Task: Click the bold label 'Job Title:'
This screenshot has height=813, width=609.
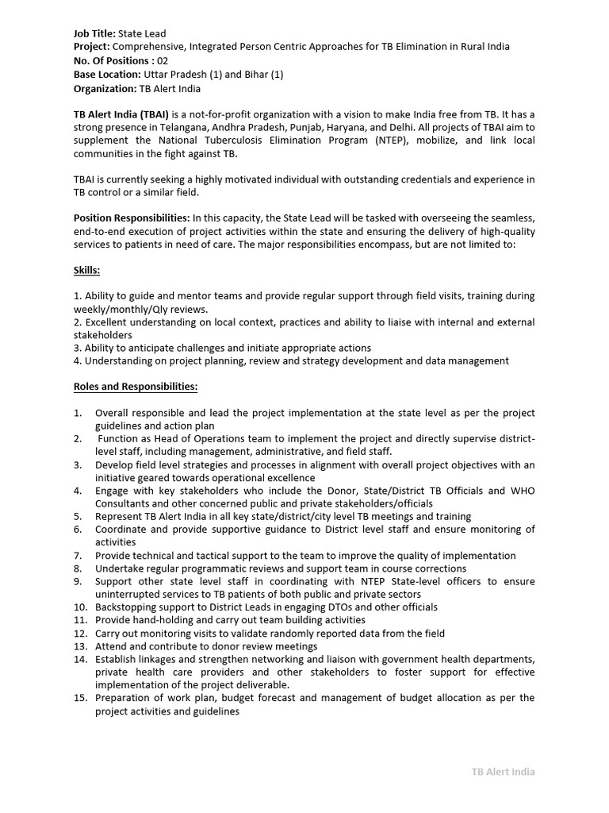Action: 94,33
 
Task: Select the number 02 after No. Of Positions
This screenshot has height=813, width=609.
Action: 162,60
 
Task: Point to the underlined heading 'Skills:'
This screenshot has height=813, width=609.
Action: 86,271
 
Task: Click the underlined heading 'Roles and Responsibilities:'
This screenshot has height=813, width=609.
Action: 136,387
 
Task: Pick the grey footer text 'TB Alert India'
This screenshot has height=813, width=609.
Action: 503,771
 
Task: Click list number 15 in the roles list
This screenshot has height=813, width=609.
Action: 80,698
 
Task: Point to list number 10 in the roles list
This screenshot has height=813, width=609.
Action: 80,607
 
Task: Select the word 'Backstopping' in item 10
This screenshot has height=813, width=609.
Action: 125,607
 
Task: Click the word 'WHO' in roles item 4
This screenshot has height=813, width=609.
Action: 521,491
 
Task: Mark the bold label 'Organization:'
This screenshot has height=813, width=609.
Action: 105,88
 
